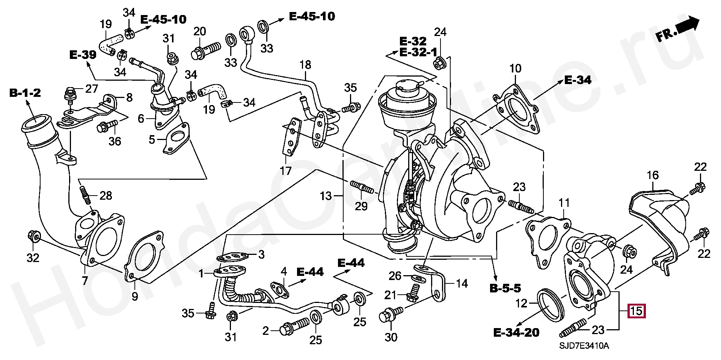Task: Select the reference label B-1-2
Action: pos(25,93)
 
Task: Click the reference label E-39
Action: pos(83,55)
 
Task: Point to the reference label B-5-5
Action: pos(505,288)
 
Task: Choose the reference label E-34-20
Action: pos(516,332)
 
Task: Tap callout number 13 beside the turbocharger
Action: pos(326,196)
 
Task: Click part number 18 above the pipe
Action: pos(305,65)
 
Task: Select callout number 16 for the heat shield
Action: pos(653,175)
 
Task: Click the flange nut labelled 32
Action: pos(33,236)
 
